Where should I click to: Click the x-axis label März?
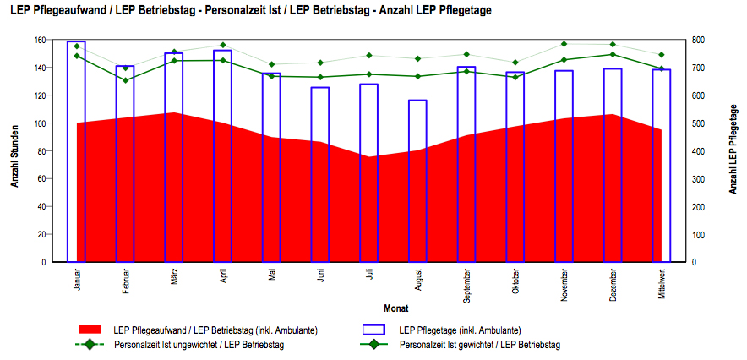tap(174, 276)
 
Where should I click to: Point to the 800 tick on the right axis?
tap(698, 40)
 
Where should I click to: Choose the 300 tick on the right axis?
tap(698, 179)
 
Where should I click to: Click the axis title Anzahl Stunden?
tap(14, 151)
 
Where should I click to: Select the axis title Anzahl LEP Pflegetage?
tap(732, 151)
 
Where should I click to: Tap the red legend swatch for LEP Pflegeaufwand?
tap(90, 330)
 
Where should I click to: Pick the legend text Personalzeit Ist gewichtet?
tap(480, 345)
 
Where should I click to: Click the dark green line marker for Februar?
tap(125, 80)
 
